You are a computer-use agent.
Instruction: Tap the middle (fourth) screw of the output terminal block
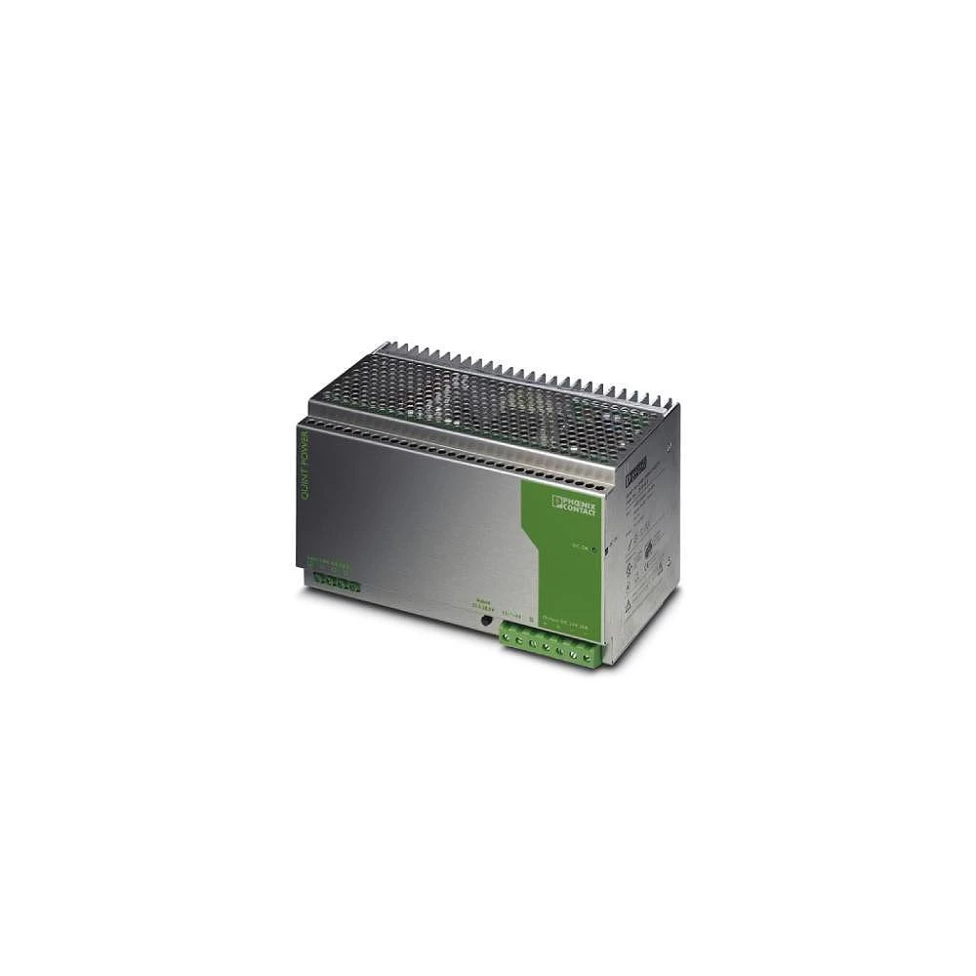pos(549,650)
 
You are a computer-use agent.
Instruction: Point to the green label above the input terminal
pos(329,563)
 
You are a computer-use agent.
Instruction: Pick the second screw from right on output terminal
pos(575,655)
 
